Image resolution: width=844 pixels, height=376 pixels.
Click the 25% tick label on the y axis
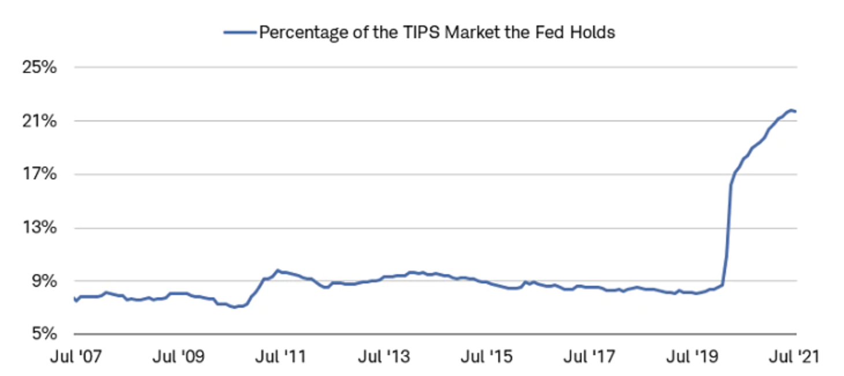click(40, 67)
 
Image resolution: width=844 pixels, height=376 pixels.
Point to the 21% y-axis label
click(40, 121)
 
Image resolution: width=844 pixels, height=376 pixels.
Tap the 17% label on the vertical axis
click(40, 174)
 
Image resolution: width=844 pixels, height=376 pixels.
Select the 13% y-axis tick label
click(40, 228)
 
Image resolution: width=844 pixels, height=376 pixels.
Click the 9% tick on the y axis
click(44, 281)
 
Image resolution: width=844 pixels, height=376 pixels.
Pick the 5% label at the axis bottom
click(44, 334)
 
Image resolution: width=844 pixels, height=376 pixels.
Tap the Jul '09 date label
click(179, 356)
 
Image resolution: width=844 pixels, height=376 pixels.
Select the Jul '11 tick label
click(281, 356)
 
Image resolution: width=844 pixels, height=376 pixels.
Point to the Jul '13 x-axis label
click(384, 356)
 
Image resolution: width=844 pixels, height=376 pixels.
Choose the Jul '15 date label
click(487, 356)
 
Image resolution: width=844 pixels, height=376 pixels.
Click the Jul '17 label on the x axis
click(589, 356)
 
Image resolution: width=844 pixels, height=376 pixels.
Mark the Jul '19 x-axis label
click(692, 356)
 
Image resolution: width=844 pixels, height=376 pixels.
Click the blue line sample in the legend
click(240, 32)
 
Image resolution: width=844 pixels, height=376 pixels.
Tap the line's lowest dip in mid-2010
click(234, 307)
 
